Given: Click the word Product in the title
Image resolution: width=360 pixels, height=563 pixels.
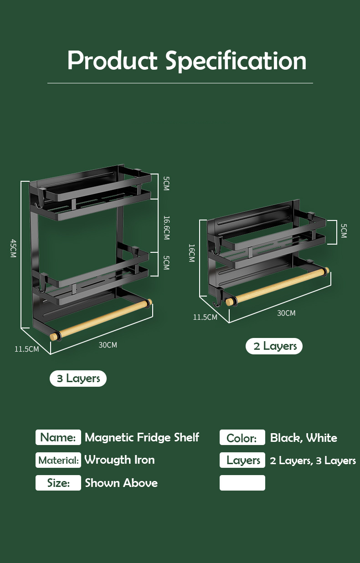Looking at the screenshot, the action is (112, 61).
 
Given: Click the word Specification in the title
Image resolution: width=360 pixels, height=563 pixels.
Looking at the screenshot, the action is (236, 61).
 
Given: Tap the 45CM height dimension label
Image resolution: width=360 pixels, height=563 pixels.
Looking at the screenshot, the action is (13, 248).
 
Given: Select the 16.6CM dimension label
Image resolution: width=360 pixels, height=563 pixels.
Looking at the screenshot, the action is (166, 228).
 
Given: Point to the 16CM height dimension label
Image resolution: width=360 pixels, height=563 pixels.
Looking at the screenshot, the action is (192, 253).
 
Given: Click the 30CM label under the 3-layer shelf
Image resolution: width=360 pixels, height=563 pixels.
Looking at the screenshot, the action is (108, 345).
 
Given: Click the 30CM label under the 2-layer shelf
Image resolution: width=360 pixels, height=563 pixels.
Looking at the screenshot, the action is (286, 313).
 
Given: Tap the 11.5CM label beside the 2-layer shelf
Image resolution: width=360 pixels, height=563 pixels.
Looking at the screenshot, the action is (205, 317).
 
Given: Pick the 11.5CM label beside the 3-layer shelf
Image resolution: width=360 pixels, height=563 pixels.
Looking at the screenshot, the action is (26, 349).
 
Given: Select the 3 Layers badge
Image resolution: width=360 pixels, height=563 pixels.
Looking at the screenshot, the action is (78, 378).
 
